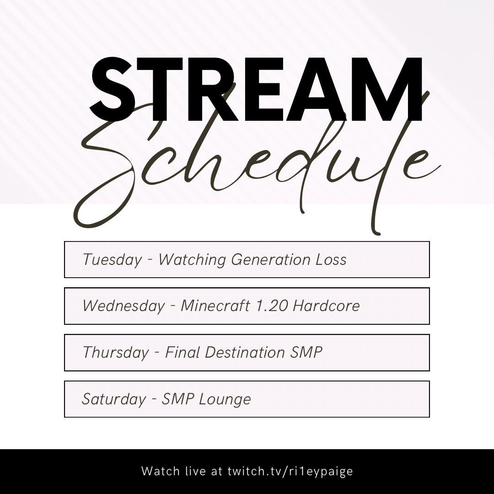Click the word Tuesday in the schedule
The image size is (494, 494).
[x=112, y=260]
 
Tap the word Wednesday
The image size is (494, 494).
[x=123, y=306]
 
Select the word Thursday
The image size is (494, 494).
[x=116, y=353]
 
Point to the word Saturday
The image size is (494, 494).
[x=114, y=399]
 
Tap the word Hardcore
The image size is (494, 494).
[x=326, y=306]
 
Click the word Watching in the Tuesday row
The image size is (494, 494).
[x=192, y=260]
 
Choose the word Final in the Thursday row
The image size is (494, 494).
[x=183, y=353]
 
